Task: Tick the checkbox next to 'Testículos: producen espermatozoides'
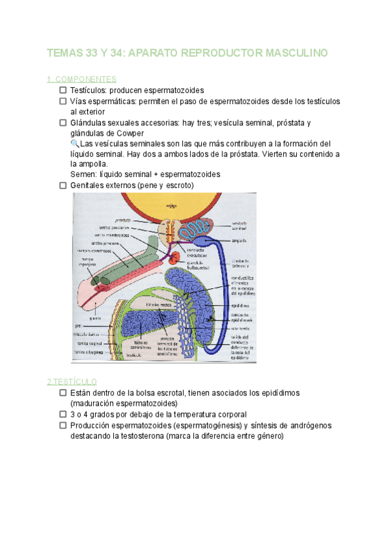(x=63, y=90)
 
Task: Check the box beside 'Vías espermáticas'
(x=63, y=101)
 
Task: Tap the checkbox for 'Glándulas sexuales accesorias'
(x=63, y=123)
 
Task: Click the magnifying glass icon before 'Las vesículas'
(x=74, y=143)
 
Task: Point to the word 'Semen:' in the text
(x=83, y=174)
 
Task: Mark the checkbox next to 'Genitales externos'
(x=63, y=185)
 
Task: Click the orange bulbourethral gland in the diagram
(x=176, y=258)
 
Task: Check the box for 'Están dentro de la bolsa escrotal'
(x=63, y=393)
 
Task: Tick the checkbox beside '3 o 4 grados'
(x=63, y=414)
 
